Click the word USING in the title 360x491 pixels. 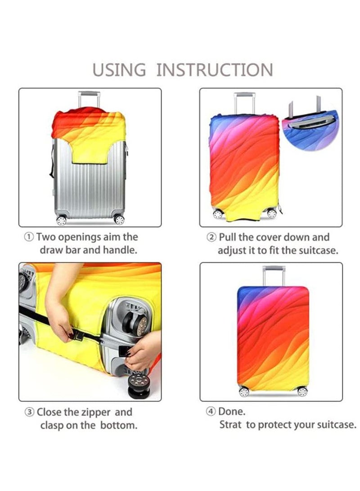(x=119, y=70)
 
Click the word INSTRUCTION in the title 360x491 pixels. (x=215, y=70)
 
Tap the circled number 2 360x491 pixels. (x=211, y=237)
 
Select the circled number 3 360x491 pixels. (x=29, y=412)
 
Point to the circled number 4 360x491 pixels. (x=210, y=411)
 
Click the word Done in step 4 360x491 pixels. (x=231, y=411)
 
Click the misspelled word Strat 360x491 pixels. (x=230, y=424)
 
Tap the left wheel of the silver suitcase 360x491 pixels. (x=61, y=221)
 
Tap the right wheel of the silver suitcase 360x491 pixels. (x=119, y=220)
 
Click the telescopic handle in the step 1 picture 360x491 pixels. (x=90, y=99)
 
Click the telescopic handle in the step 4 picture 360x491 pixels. (x=274, y=275)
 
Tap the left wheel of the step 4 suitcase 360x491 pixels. (x=244, y=392)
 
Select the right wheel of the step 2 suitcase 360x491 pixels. (x=272, y=214)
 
